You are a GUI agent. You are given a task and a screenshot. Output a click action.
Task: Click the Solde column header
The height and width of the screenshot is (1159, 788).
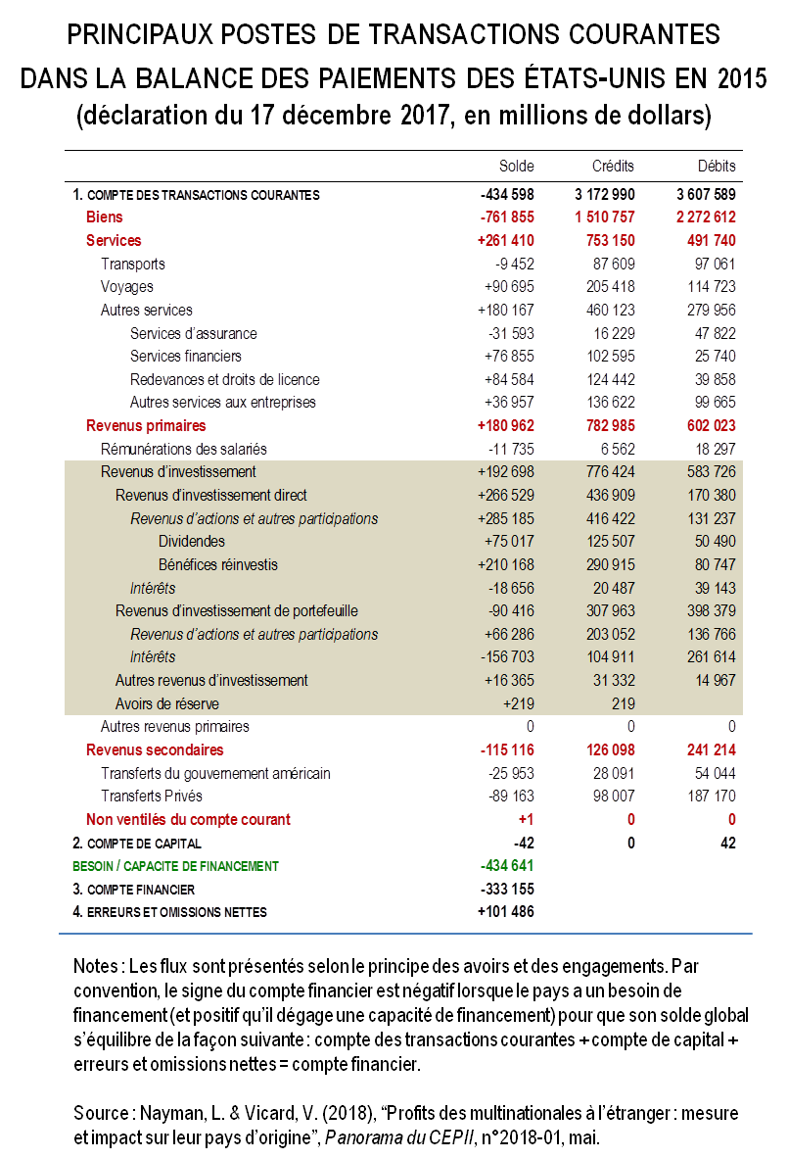pyautogui.click(x=517, y=167)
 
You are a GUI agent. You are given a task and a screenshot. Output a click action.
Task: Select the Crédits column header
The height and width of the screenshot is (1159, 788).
pyautogui.click(x=613, y=167)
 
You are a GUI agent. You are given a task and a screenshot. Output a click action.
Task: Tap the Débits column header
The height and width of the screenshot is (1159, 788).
pyautogui.click(x=716, y=167)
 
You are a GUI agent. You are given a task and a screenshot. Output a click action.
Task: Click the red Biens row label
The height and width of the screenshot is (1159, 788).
pyautogui.click(x=104, y=217)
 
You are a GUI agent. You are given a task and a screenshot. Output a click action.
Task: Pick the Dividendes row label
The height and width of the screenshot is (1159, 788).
pyautogui.click(x=191, y=541)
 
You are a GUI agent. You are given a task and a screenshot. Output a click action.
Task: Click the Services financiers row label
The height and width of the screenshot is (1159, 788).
pyautogui.click(x=185, y=357)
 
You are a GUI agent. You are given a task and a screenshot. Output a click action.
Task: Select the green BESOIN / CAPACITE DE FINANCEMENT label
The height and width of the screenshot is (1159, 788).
pyautogui.click(x=175, y=866)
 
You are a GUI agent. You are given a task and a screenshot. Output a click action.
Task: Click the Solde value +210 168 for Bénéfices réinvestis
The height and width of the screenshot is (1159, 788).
pyautogui.click(x=506, y=564)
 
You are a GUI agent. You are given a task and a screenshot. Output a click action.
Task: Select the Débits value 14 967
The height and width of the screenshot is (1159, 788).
pyautogui.click(x=714, y=680)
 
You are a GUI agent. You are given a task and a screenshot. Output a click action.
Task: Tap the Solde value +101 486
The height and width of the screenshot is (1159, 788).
pyautogui.click(x=506, y=912)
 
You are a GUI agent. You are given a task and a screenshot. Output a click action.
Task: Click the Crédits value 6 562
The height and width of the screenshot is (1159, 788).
pyautogui.click(x=616, y=449)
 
